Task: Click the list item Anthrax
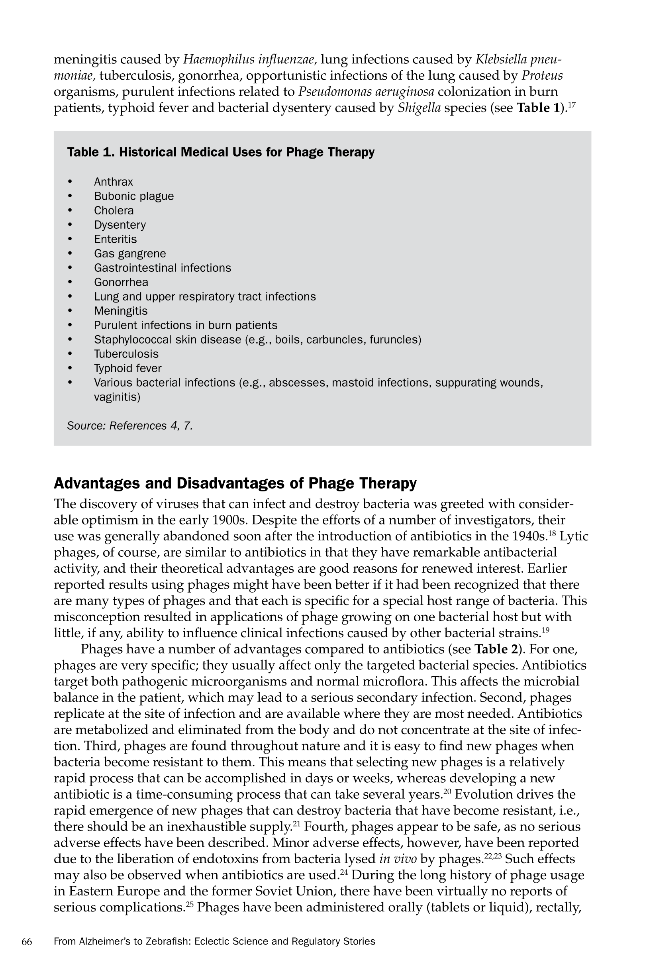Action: (x=113, y=182)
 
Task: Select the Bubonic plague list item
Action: (x=134, y=196)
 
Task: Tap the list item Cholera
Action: (x=114, y=211)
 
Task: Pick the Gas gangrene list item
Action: (x=129, y=253)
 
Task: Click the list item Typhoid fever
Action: (x=127, y=368)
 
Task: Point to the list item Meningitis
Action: (x=121, y=311)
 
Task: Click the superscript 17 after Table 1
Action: (x=571, y=104)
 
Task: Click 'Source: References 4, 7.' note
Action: (x=130, y=426)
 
